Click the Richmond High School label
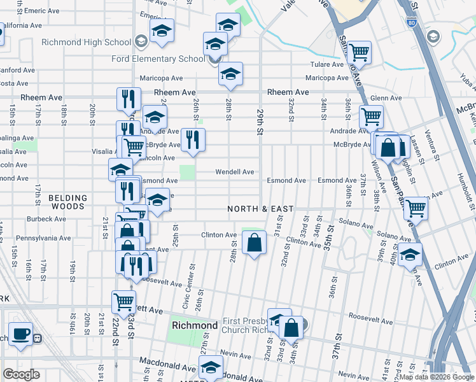tap(86, 43)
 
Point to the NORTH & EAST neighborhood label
tap(261, 209)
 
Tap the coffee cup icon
tap(21, 334)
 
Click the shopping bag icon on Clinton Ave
tap(254, 243)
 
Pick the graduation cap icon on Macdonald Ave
tap(211, 367)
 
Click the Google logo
tap(22, 374)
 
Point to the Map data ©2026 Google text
tap(436, 377)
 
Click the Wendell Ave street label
tap(234, 172)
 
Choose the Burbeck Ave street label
tap(46, 219)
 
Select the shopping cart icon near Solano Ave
tap(416, 208)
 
